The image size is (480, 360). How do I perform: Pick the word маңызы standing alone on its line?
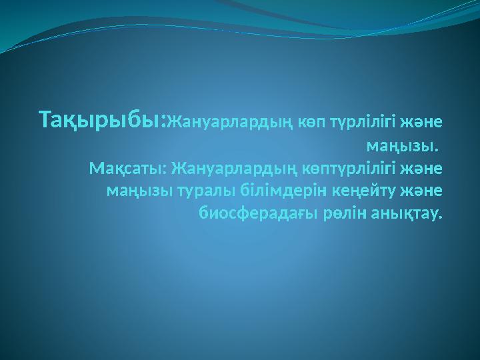[398, 145]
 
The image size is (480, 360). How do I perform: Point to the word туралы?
[199, 191]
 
